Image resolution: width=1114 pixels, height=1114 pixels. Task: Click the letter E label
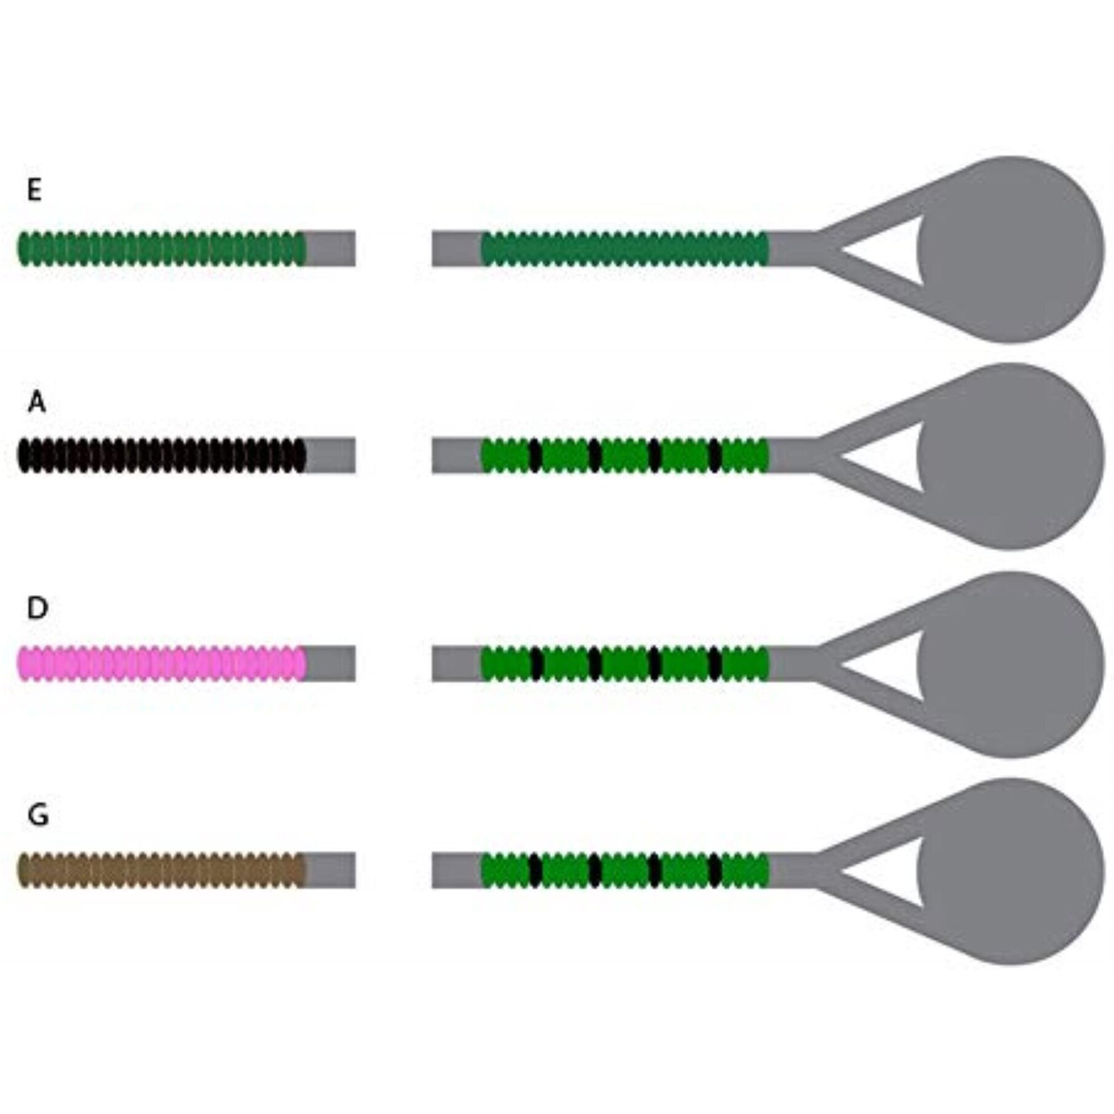pyautogui.click(x=34, y=190)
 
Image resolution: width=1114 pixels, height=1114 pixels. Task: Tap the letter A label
pyautogui.click(x=37, y=403)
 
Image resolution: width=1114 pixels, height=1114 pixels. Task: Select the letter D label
pyautogui.click(x=38, y=608)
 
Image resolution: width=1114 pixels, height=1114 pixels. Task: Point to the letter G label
pyautogui.click(x=38, y=815)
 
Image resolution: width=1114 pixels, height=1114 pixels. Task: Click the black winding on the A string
pyautogui.click(x=161, y=456)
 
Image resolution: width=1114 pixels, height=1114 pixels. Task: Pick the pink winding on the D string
pyautogui.click(x=161, y=663)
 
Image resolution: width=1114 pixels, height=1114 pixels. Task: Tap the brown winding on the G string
pyautogui.click(x=161, y=870)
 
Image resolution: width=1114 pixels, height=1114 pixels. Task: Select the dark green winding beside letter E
pyautogui.click(x=161, y=248)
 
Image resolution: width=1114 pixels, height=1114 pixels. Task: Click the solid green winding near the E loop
pyautogui.click(x=624, y=248)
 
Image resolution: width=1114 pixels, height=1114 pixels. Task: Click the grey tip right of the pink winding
pyautogui.click(x=331, y=663)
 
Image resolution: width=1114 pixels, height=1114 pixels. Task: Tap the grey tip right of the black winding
pyautogui.click(x=331, y=456)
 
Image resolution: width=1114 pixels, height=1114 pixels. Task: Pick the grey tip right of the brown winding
pyautogui.click(x=331, y=870)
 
